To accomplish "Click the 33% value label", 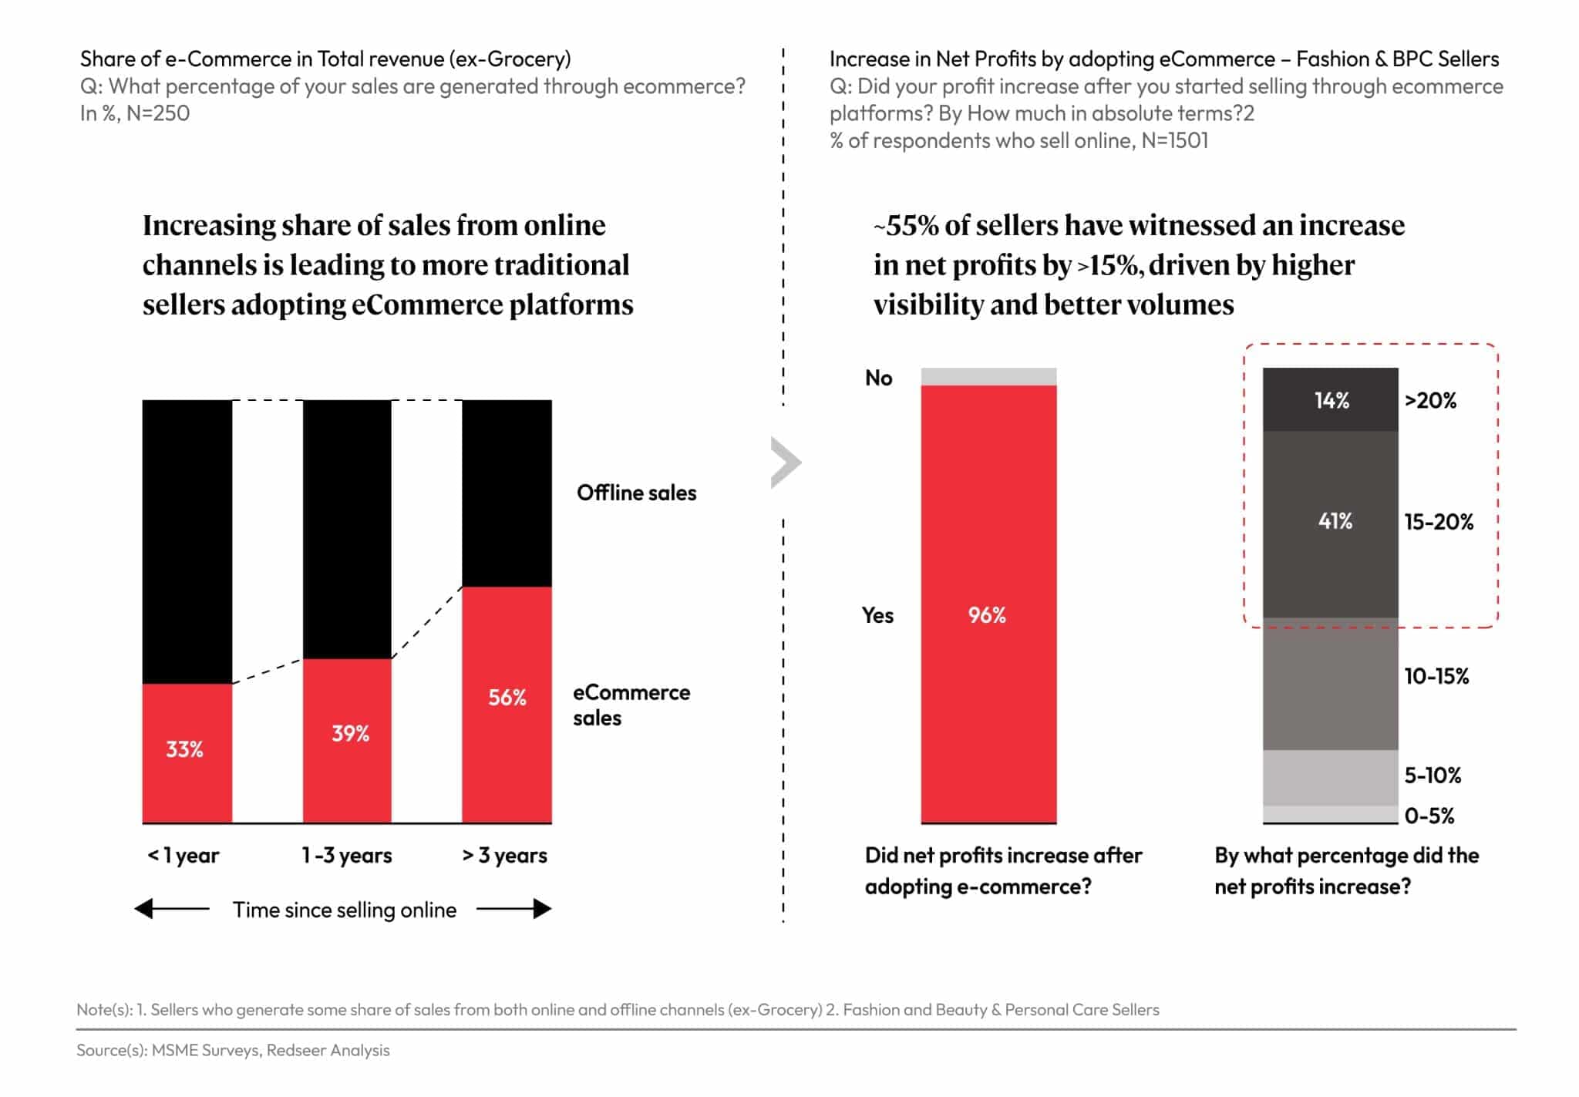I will pos(184,749).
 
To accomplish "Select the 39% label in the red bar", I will pos(350,732).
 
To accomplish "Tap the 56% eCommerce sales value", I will pos(507,697).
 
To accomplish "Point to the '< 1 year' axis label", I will pos(183,855).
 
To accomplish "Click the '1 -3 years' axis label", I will pos(346,855).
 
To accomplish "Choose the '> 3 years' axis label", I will pos(505,855).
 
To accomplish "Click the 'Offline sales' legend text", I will pos(636,493).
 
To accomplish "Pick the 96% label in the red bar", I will pos(987,614).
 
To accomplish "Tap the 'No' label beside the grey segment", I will pos(878,378).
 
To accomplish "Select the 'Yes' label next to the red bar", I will pos(877,615).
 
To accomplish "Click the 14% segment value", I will pos(1332,400).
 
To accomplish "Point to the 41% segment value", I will pos(1335,521).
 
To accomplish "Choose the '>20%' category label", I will pos(1430,400).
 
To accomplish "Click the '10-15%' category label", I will pos(1436,676).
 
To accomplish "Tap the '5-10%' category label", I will pos(1433,775).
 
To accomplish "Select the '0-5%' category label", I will pos(1429,816).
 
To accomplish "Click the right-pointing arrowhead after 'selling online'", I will pos(543,909).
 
